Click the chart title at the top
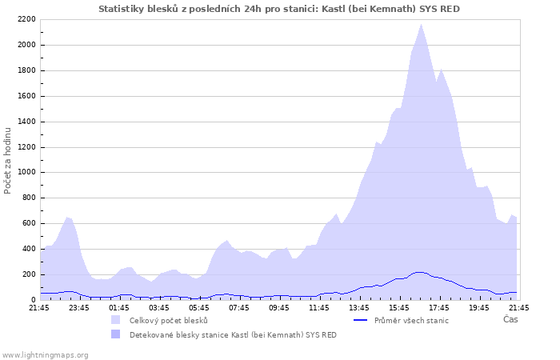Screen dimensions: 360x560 279,8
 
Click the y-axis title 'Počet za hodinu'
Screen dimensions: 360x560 8,159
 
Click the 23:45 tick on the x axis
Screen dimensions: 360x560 79,307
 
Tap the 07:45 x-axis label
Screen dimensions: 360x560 239,307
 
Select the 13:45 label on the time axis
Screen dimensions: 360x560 359,307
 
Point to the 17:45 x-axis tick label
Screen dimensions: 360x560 439,307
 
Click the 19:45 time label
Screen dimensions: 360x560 479,307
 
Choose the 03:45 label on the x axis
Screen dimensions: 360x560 159,307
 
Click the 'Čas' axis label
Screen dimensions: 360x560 510,320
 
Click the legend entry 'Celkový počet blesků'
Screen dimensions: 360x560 168,320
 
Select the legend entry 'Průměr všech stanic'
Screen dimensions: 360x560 411,320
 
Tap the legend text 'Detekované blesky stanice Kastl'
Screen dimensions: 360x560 233,334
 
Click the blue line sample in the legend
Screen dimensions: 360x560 362,320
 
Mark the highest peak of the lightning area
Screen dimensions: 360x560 421,25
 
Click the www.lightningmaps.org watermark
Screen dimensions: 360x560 45,354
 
